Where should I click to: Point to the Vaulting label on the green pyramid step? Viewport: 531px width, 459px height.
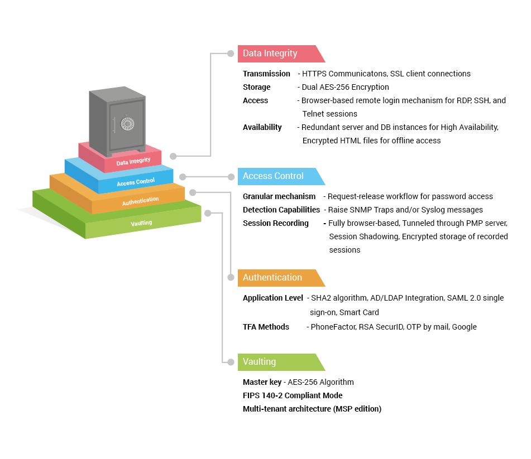(141, 223)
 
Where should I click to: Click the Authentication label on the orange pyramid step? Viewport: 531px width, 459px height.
(140, 201)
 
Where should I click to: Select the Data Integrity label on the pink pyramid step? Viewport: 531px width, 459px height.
(133, 162)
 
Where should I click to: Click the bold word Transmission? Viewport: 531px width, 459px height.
(266, 74)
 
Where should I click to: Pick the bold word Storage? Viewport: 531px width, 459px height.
(256, 87)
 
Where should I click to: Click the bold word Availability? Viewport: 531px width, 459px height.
(262, 127)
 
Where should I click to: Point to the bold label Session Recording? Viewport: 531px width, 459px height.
(275, 223)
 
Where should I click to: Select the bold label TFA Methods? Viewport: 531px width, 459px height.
(266, 327)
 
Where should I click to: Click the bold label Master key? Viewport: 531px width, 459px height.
(262, 382)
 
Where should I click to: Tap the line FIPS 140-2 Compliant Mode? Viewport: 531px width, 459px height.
(293, 395)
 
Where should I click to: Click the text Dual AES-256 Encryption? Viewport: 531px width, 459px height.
(345, 87)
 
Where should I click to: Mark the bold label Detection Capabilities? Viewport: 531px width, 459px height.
(281, 210)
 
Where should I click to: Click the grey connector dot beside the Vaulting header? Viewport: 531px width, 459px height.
(231, 362)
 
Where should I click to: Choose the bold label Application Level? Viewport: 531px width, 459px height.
(272, 298)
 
